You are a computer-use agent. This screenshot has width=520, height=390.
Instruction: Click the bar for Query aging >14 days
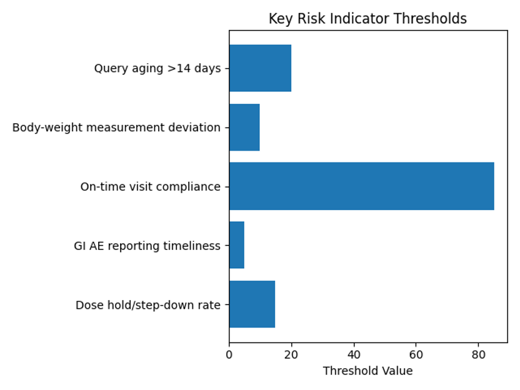pos(260,68)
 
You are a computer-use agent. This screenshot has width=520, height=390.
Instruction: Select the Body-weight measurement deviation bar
pos(244,127)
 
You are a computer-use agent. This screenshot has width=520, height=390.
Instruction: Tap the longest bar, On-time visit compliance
pos(361,186)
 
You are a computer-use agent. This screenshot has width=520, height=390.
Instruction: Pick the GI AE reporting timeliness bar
pos(237,246)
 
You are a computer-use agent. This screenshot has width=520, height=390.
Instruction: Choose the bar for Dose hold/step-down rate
pos(252,304)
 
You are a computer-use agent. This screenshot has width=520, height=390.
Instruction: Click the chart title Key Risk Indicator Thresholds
pos(367,19)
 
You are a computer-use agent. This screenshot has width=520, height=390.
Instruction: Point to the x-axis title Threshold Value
pos(367,371)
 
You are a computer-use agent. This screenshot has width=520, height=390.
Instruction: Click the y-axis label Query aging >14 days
pos(157,69)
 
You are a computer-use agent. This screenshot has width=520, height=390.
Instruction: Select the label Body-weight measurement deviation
pos(116,127)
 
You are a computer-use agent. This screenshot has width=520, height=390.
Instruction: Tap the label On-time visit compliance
pos(150,187)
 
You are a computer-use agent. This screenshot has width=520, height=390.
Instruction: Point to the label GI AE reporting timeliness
pos(147,246)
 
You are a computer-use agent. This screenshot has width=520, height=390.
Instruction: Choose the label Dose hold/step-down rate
pos(148,305)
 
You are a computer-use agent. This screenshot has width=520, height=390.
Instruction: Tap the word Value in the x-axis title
pos(397,371)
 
